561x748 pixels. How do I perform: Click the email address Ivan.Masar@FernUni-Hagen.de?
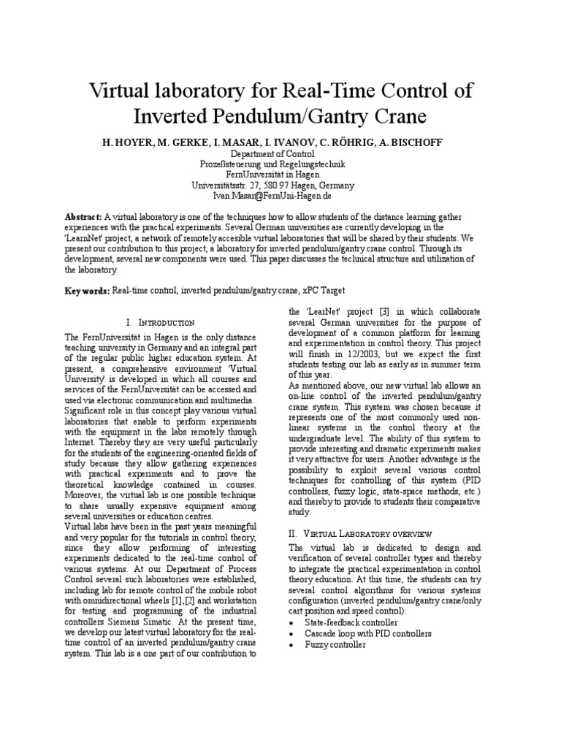pyautogui.click(x=272, y=196)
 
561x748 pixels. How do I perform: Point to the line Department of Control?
pyautogui.click(x=272, y=154)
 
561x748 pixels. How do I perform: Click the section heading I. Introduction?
pyautogui.click(x=160, y=322)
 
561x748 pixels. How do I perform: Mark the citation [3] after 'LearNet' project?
pyautogui.click(x=384, y=310)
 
